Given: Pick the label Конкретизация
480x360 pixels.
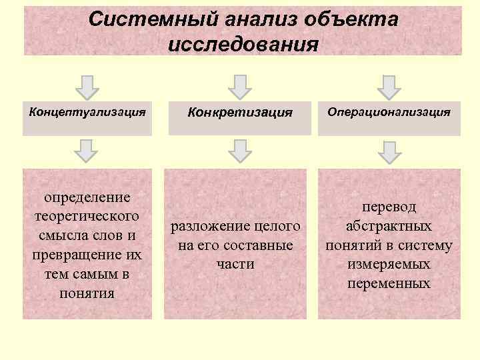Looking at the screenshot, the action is pyautogui.click(x=240, y=112).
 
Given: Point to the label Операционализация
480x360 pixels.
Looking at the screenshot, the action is pyautogui.click(x=389, y=111).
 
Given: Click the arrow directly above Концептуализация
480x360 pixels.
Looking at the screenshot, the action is pyautogui.click(x=87, y=86).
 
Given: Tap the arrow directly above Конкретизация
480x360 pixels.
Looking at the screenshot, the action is pyautogui.click(x=240, y=86).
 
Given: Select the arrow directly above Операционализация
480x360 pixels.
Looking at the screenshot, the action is pyautogui.click(x=389, y=86).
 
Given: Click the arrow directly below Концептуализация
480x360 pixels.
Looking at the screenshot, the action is pyautogui.click(x=87, y=151).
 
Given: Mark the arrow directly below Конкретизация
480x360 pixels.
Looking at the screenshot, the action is pyautogui.click(x=240, y=151).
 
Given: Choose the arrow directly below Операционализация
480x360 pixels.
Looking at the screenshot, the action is pyautogui.click(x=389, y=151).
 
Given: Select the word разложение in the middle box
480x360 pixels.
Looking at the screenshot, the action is pyautogui.click(x=207, y=227).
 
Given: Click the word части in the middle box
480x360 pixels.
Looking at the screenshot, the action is pyautogui.click(x=236, y=264).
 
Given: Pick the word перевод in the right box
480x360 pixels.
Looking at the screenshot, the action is pyautogui.click(x=389, y=207).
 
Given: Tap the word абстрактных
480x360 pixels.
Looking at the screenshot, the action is pyautogui.click(x=389, y=226).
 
